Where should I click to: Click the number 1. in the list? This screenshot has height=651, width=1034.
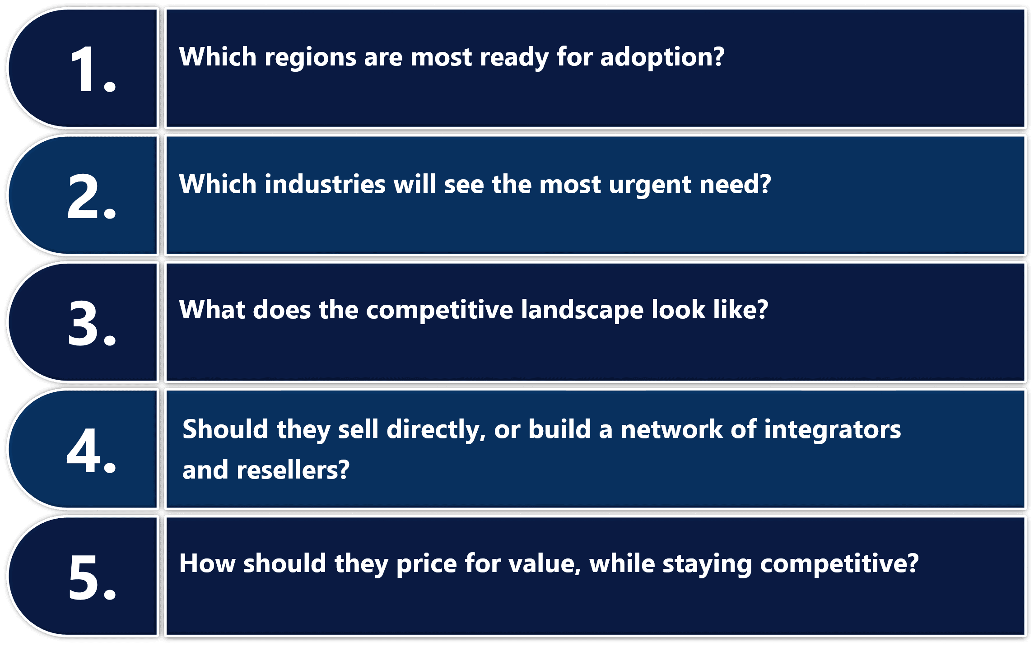[x=92, y=69]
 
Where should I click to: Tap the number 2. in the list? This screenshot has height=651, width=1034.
[x=92, y=196]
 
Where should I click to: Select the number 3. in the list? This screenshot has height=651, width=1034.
[x=92, y=323]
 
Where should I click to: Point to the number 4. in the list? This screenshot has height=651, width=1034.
[x=91, y=451]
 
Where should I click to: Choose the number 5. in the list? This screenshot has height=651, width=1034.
[x=92, y=577]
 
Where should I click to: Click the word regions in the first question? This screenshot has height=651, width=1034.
[x=311, y=58]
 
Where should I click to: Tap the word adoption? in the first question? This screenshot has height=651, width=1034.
[x=662, y=58]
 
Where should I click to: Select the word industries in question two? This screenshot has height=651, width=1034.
[x=325, y=185]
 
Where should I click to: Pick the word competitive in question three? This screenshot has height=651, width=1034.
[x=439, y=311]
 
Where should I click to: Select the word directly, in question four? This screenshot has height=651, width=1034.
[x=436, y=430]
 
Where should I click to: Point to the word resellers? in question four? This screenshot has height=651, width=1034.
[x=293, y=470]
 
